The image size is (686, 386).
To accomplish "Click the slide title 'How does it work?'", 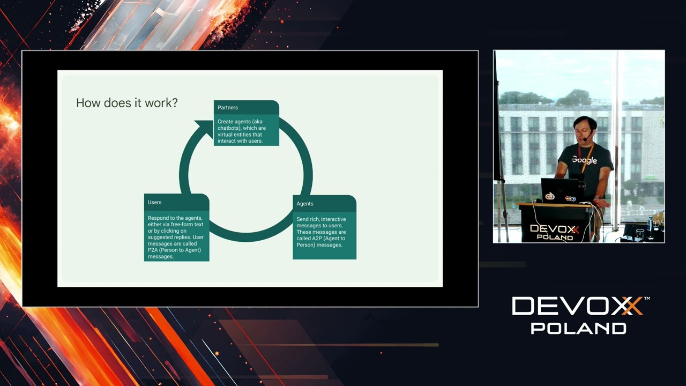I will [x=126, y=103].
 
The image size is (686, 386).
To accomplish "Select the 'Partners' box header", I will [x=228, y=108].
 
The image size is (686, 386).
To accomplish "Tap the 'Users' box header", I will [x=155, y=202].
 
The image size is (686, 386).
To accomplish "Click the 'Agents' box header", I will [x=305, y=204].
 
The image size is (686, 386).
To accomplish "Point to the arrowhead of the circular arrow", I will [x=204, y=127].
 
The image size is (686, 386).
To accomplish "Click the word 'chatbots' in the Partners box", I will [x=229, y=128].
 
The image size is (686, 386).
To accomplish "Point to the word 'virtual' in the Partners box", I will [x=226, y=135].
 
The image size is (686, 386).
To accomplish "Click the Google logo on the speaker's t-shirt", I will [x=584, y=160].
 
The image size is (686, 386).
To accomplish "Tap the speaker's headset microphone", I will [x=586, y=139].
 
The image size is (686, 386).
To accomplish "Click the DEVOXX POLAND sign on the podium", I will [x=554, y=232].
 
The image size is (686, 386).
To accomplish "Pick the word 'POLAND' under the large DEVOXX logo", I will [x=578, y=328].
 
